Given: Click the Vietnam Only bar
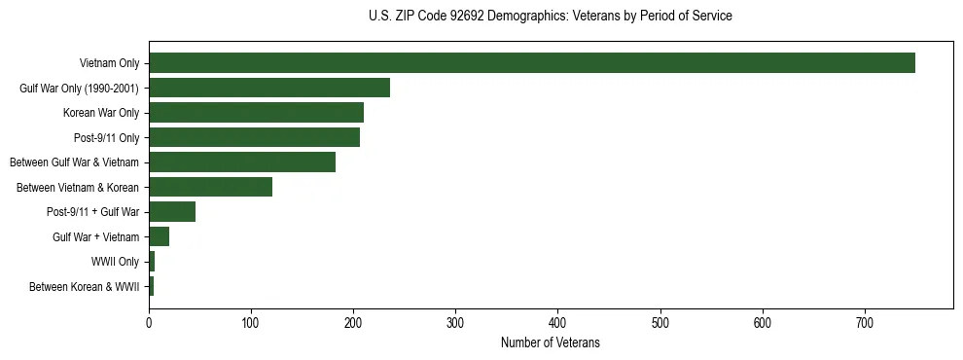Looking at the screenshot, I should [531, 63].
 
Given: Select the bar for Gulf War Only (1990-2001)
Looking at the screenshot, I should [269, 88].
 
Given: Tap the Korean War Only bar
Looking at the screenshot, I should [256, 113].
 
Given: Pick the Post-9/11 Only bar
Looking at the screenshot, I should [254, 137].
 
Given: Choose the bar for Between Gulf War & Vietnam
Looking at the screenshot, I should [242, 162].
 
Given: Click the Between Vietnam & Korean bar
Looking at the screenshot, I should [210, 187].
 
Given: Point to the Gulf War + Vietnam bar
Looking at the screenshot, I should [159, 236].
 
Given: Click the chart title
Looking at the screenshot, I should [551, 17].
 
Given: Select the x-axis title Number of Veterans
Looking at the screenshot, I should [551, 343].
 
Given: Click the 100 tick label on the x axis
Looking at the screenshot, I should [251, 321].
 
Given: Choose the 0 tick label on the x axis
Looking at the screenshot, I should [149, 321].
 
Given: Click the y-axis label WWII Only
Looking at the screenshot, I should [115, 262].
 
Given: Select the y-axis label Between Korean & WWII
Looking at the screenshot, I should [85, 287].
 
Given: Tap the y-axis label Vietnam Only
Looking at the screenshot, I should [109, 64].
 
